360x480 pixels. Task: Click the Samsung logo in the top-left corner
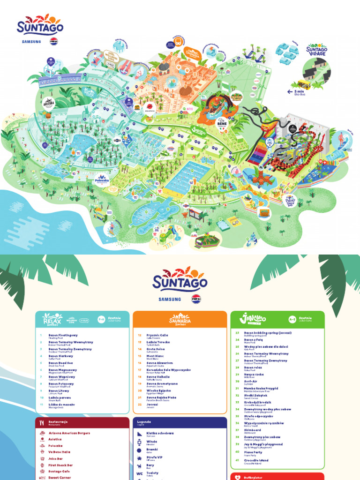pyautogui.click(x=30, y=41)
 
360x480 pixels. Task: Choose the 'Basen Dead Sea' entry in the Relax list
pyautogui.click(x=61, y=363)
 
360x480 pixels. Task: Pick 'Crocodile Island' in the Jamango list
pyautogui.click(x=256, y=460)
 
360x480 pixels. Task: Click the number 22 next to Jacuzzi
pyautogui.click(x=139, y=404)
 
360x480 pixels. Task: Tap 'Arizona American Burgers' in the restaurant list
pyautogui.click(x=69, y=433)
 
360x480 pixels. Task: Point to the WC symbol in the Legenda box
pyautogui.click(x=139, y=473)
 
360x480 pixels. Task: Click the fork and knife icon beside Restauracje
pyautogui.click(x=42, y=422)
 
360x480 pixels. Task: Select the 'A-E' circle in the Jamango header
pyautogui.click(x=292, y=319)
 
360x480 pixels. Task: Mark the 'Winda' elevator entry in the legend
pyautogui.click(x=151, y=442)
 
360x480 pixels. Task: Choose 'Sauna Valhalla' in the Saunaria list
pyautogui.click(x=158, y=376)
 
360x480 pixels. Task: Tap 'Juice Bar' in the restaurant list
pyautogui.click(x=56, y=458)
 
